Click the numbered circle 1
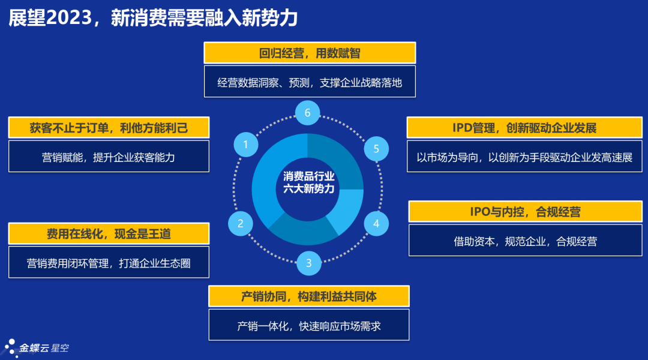tap(245, 145)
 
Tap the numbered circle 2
tap(241, 224)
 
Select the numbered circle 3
tap(308, 262)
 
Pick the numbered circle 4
tap(376, 224)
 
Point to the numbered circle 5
tap(376, 148)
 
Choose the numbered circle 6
tap(308, 113)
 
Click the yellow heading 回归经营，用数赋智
tap(310, 53)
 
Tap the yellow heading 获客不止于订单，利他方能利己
tap(109, 127)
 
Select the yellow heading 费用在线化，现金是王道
tap(109, 233)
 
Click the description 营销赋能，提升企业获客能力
tap(109, 157)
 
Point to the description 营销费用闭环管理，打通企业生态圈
tap(109, 263)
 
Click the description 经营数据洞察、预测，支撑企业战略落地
tap(310, 82)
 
